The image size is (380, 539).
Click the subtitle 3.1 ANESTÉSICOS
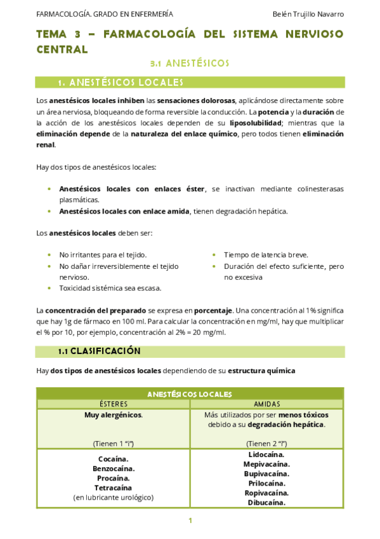pyautogui.click(x=189, y=64)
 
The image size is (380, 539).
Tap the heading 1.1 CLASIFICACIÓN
pyautogui.click(x=99, y=351)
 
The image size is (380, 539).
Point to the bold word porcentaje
pyautogui.click(x=213, y=310)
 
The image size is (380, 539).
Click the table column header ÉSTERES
pyautogui.click(x=114, y=404)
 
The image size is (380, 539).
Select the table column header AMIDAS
pyautogui.click(x=266, y=404)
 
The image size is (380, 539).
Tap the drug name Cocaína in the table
pyautogui.click(x=114, y=459)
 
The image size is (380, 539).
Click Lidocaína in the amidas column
pyautogui.click(x=266, y=454)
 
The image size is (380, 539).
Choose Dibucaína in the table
pyautogui.click(x=266, y=502)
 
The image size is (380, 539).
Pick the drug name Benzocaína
pyautogui.click(x=114, y=468)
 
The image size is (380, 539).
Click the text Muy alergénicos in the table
pyautogui.click(x=114, y=415)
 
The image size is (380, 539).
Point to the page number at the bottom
pyautogui.click(x=190, y=521)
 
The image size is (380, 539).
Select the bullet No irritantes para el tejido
pyautogui.click(x=103, y=254)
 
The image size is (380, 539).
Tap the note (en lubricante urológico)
pyautogui.click(x=114, y=497)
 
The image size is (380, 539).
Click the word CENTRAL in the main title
pyautogui.click(x=62, y=49)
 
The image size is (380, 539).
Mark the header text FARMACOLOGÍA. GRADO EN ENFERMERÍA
pyautogui.click(x=105, y=14)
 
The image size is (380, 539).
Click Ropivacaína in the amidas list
pyautogui.click(x=266, y=493)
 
